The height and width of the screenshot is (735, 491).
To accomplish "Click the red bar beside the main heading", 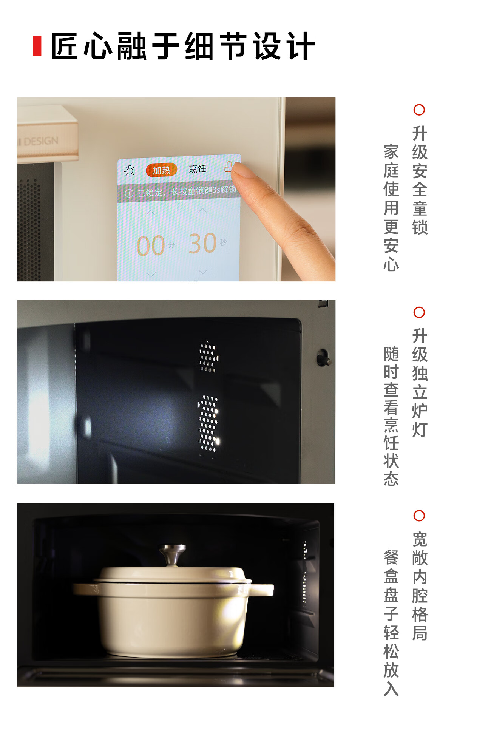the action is tap(37, 46).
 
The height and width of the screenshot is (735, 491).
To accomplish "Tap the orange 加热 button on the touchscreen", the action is tap(161, 170).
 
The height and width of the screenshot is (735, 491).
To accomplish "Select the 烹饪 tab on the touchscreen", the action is tap(198, 168).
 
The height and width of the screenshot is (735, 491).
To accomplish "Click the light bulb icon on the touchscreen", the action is tap(130, 171).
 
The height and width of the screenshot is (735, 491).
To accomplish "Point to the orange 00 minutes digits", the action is tap(151, 246).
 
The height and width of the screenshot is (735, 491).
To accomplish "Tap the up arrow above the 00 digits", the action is tap(150, 213).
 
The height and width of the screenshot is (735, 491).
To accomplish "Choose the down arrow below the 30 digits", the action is tap(203, 272).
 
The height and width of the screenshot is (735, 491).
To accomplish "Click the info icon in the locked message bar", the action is tap(129, 193).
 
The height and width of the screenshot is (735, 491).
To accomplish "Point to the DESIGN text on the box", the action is tap(41, 141).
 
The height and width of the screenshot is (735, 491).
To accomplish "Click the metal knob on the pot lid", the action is tap(173, 554).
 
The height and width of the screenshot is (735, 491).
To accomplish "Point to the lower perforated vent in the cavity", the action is tap(208, 423).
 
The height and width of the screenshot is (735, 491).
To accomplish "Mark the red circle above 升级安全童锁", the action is tap(419, 110).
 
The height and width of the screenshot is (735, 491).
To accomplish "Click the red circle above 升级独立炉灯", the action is tap(419, 312).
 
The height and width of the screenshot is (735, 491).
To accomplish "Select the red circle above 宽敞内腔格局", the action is tap(419, 516).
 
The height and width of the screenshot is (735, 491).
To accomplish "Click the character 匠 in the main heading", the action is tap(65, 46).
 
